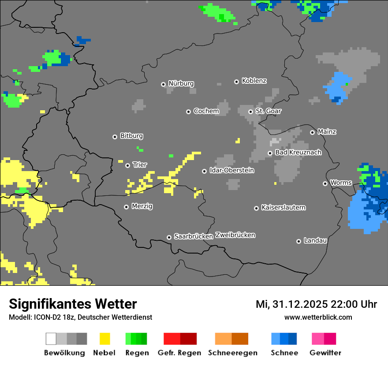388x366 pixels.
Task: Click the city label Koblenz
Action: pos(254,81)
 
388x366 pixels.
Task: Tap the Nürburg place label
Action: pos(181,83)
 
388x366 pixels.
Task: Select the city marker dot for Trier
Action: pos(128,165)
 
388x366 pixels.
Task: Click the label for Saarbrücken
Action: pos(194,236)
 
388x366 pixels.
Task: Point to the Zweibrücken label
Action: pos(235,235)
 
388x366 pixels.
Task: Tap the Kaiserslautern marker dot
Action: pos(256,208)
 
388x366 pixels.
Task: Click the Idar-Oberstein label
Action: pos(232,170)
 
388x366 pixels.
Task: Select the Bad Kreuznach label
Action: pos(298,152)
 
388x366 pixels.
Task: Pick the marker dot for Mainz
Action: pos(312,132)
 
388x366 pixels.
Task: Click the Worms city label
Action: pos(341,183)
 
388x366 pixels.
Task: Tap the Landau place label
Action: pos(315,240)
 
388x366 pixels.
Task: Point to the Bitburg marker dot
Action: pos(115,137)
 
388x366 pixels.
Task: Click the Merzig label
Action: pos(142,206)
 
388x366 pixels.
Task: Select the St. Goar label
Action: pos(268,111)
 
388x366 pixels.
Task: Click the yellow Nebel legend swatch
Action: pos(104,339)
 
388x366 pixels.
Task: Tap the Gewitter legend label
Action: pos(325,353)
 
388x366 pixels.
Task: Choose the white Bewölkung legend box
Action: pos(51,339)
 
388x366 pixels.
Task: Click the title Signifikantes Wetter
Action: pos(73,304)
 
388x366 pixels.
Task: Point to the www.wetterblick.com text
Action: pos(318,317)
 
